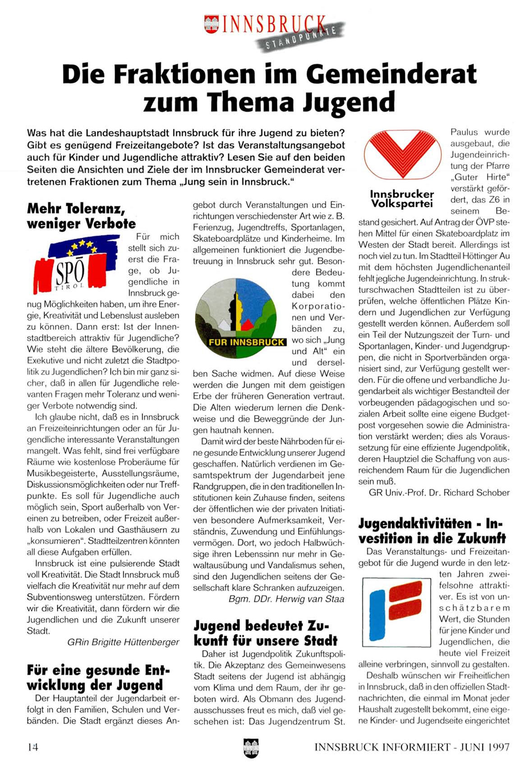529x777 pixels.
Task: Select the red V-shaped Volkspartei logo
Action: coord(402,155)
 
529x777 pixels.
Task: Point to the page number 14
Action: coord(32,747)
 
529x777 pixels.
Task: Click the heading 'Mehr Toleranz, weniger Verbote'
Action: coord(81,216)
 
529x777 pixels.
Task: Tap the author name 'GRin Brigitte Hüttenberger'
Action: coord(123,642)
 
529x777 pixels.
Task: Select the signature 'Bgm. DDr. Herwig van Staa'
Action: coord(286,599)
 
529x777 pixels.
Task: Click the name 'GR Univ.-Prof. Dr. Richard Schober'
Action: coord(439,493)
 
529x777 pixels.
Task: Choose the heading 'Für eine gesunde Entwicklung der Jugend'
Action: coord(98,677)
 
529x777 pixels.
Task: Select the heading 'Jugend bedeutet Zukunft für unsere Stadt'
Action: coord(265,633)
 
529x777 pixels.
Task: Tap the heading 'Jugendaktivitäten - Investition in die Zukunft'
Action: coord(432,531)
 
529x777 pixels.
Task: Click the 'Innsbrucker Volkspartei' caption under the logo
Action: coord(401,199)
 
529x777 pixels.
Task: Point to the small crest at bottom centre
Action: coord(250,748)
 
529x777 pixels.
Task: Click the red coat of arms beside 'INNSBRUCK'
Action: coord(211,24)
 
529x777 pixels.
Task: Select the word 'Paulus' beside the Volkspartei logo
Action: coord(464,132)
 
